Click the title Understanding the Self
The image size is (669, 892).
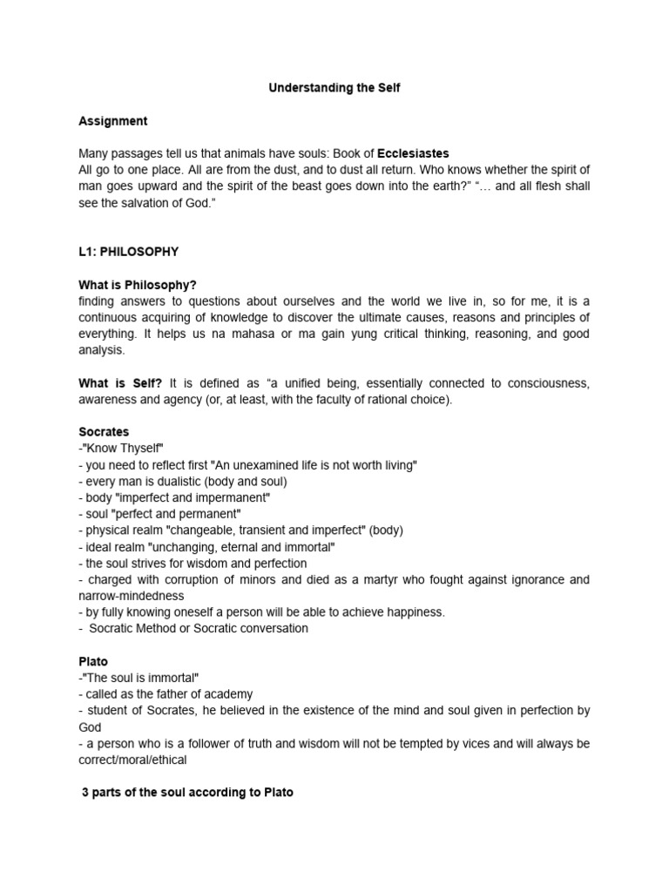pos(334,89)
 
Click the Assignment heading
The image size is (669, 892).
pos(112,121)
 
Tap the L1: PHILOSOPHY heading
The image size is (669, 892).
pos(128,252)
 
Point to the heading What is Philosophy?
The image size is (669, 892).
pos(138,285)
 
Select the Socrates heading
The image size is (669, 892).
pos(104,432)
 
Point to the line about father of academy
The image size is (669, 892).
pos(168,694)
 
